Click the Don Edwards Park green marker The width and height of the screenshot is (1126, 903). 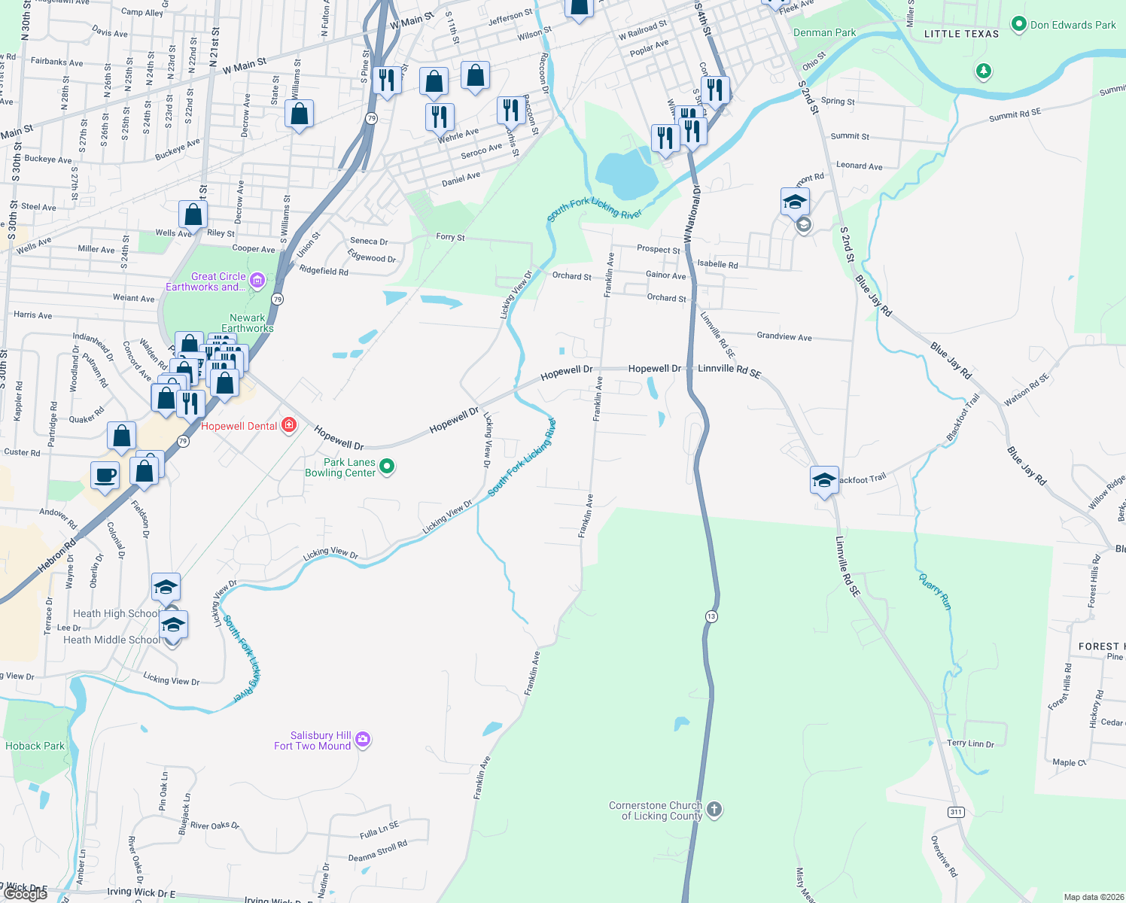1019,24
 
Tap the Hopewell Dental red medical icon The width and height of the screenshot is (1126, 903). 288,426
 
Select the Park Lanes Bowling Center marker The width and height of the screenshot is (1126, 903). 387,467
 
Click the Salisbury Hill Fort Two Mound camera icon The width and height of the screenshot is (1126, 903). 363,740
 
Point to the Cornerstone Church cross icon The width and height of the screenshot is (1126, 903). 714,810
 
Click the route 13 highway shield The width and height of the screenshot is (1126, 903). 711,616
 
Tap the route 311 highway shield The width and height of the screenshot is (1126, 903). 956,811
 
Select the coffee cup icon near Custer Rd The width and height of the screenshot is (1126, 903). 105,476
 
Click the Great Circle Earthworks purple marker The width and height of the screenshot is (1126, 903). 257,281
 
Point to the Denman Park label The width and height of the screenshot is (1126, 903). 824,32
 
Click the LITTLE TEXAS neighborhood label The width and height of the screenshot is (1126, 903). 961,34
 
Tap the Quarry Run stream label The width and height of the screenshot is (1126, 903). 936,591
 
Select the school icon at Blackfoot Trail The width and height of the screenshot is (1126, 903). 824,479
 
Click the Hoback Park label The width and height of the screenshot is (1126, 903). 35,746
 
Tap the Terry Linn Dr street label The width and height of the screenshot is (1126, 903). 970,743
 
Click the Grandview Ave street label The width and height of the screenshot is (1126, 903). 784,336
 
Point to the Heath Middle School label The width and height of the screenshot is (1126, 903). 111,640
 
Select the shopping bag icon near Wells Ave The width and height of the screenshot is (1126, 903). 193,214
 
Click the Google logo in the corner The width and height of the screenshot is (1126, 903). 25,894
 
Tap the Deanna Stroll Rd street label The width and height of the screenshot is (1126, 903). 377,852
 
